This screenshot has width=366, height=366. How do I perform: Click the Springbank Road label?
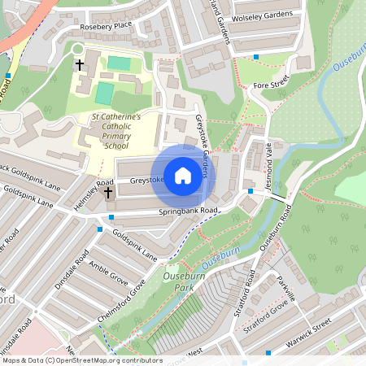point(188,211)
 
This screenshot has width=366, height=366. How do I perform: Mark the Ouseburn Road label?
point(274,226)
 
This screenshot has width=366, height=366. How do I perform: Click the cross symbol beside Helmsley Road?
point(108,193)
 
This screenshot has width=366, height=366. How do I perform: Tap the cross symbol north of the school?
point(80,63)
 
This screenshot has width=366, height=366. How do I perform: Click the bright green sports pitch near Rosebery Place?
point(119,63)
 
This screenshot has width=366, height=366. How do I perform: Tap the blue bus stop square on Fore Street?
point(256,57)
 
